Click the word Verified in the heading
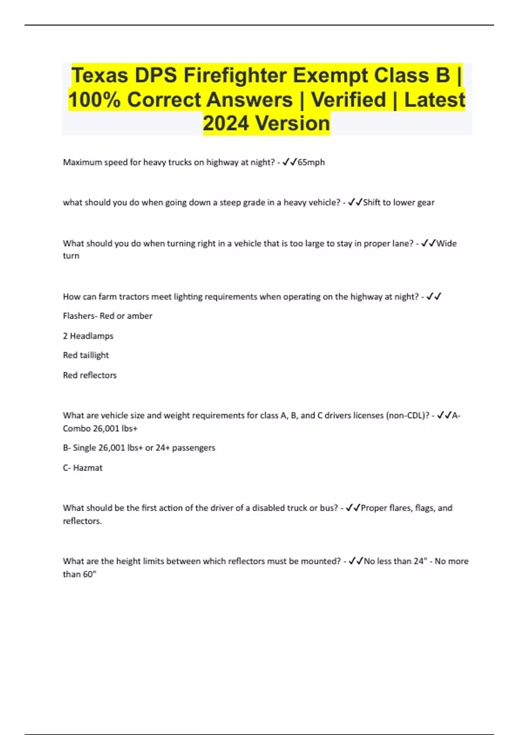(x=349, y=100)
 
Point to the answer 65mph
(x=311, y=163)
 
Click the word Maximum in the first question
(x=82, y=163)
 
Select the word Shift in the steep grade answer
(x=372, y=203)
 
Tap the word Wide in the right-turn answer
(x=446, y=243)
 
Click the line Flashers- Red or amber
(x=108, y=316)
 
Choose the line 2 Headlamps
(x=88, y=336)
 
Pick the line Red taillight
(x=86, y=355)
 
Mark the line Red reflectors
(x=90, y=375)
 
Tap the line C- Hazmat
(x=83, y=468)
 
